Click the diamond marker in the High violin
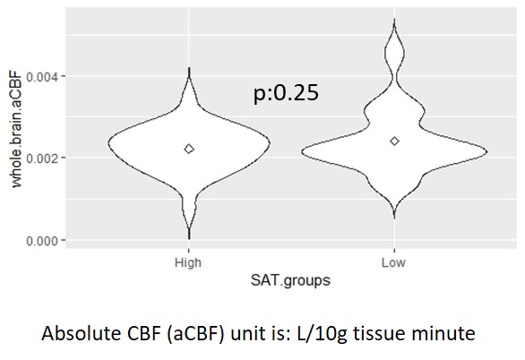tap(189, 149)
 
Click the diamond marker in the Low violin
tap(394, 141)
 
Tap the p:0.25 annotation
tap(286, 92)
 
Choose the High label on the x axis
tap(188, 263)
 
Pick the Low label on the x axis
tap(393, 262)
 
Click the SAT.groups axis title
tap(290, 280)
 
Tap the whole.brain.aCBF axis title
tap(16, 129)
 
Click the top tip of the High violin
tap(189, 67)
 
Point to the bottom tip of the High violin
tap(189, 239)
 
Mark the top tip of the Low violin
tap(394, 20)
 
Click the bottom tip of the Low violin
tap(394, 219)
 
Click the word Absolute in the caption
tap(81, 333)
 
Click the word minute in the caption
tap(443, 333)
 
